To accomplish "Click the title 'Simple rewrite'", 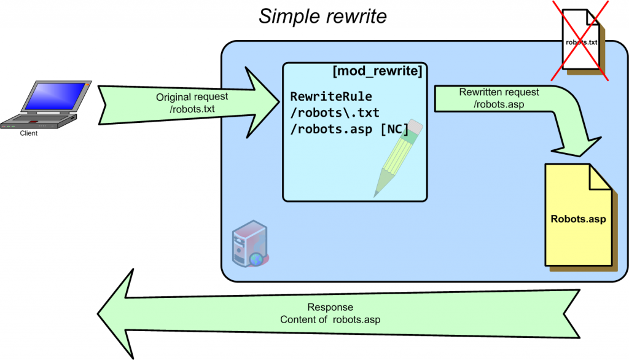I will [x=322, y=17].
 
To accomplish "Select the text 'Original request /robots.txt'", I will [x=192, y=103].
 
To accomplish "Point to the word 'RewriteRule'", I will [x=331, y=98].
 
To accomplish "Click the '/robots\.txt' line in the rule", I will [x=335, y=114].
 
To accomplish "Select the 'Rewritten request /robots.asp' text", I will [x=499, y=98].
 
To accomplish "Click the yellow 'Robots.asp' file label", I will [x=577, y=219].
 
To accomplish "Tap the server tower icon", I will [x=247, y=246].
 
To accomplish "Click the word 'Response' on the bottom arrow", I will [x=330, y=308].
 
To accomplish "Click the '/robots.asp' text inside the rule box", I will [x=331, y=130].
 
